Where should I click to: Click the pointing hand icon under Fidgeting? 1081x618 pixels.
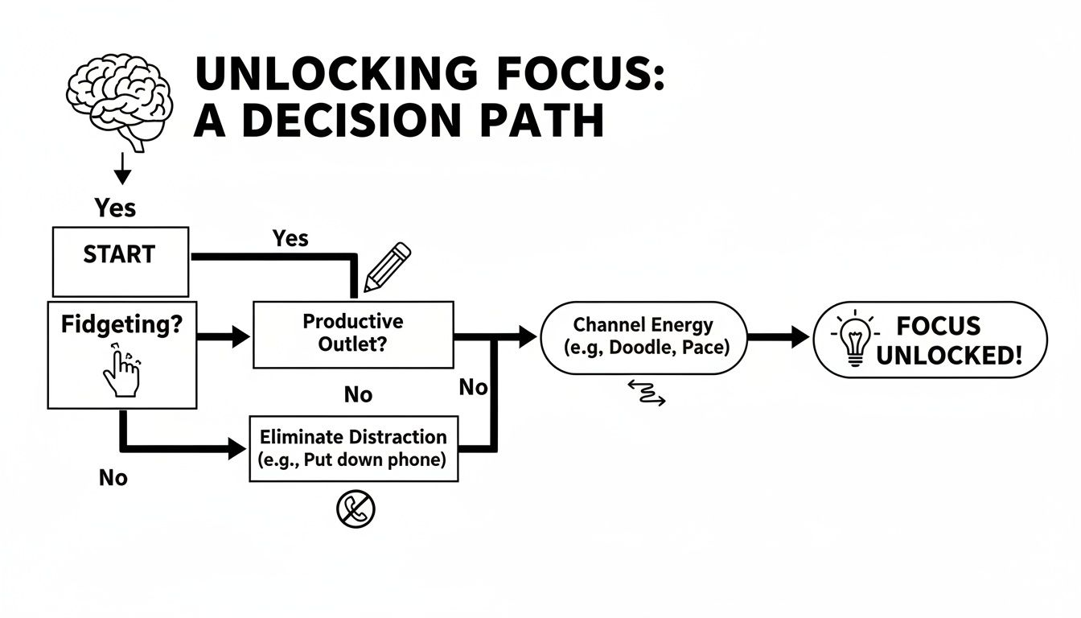[x=121, y=372]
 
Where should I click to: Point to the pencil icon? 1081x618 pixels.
[x=387, y=267]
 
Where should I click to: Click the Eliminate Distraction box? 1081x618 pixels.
[x=353, y=448]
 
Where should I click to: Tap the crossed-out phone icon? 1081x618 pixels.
[x=356, y=509]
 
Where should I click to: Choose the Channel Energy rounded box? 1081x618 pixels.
[x=643, y=337]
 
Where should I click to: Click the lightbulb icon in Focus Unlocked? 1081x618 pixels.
[x=853, y=339]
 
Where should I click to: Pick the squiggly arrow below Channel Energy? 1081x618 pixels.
[x=646, y=393]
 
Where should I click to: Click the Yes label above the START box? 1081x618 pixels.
[x=115, y=208]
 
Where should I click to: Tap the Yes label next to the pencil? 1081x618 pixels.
[x=290, y=238]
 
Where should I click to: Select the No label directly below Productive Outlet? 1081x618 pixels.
[x=358, y=394]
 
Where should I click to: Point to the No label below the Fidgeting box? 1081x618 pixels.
[x=113, y=478]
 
